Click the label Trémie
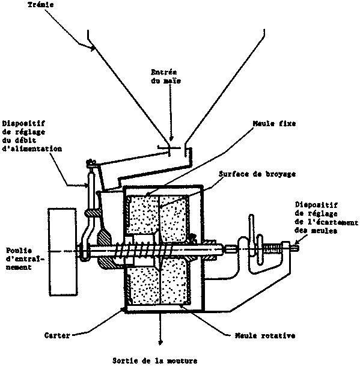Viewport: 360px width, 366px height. click(x=41, y=5)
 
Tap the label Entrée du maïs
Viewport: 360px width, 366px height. click(x=166, y=76)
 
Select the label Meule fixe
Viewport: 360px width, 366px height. click(x=274, y=123)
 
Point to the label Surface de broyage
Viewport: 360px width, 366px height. click(x=257, y=174)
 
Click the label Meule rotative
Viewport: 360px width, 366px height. click(x=265, y=336)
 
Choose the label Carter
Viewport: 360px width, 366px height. click(x=57, y=335)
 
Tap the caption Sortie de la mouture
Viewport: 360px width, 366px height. click(x=155, y=361)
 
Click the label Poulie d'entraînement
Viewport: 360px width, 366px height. click(x=25, y=258)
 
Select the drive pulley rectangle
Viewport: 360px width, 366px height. click(x=63, y=252)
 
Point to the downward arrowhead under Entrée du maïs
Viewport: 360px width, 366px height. click(x=171, y=139)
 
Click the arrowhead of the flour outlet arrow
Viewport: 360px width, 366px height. click(x=160, y=343)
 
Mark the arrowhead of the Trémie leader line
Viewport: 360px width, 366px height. click(x=93, y=47)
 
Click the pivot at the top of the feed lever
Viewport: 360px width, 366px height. click(x=91, y=162)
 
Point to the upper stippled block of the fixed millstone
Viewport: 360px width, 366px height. click(x=142, y=213)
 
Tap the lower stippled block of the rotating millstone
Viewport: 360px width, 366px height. click(x=175, y=281)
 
